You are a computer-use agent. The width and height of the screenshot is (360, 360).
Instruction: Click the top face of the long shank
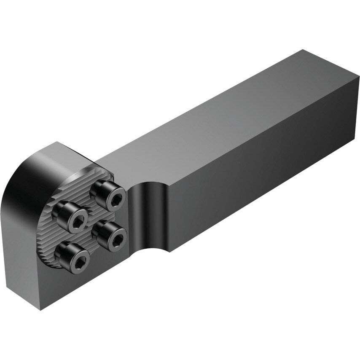tap(219, 110)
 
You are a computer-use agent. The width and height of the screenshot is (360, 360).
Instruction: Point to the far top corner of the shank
tap(302, 51)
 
